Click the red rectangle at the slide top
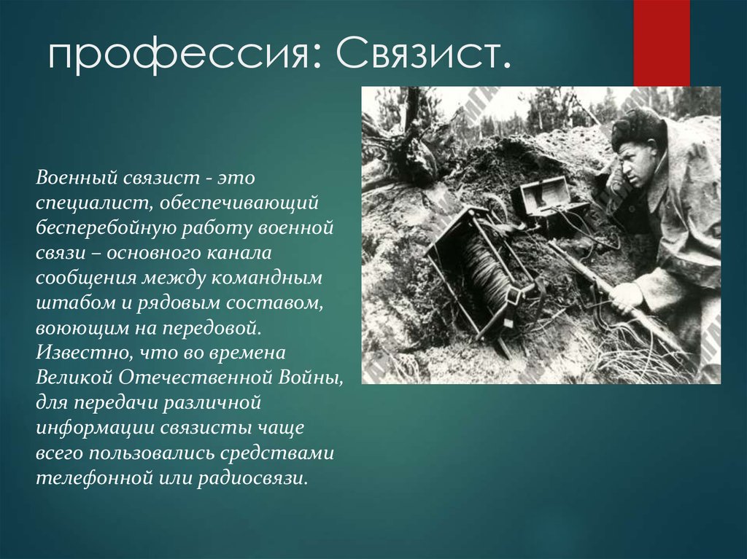(661, 43)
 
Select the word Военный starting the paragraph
(76, 178)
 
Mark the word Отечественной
(196, 378)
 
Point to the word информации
(95, 428)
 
